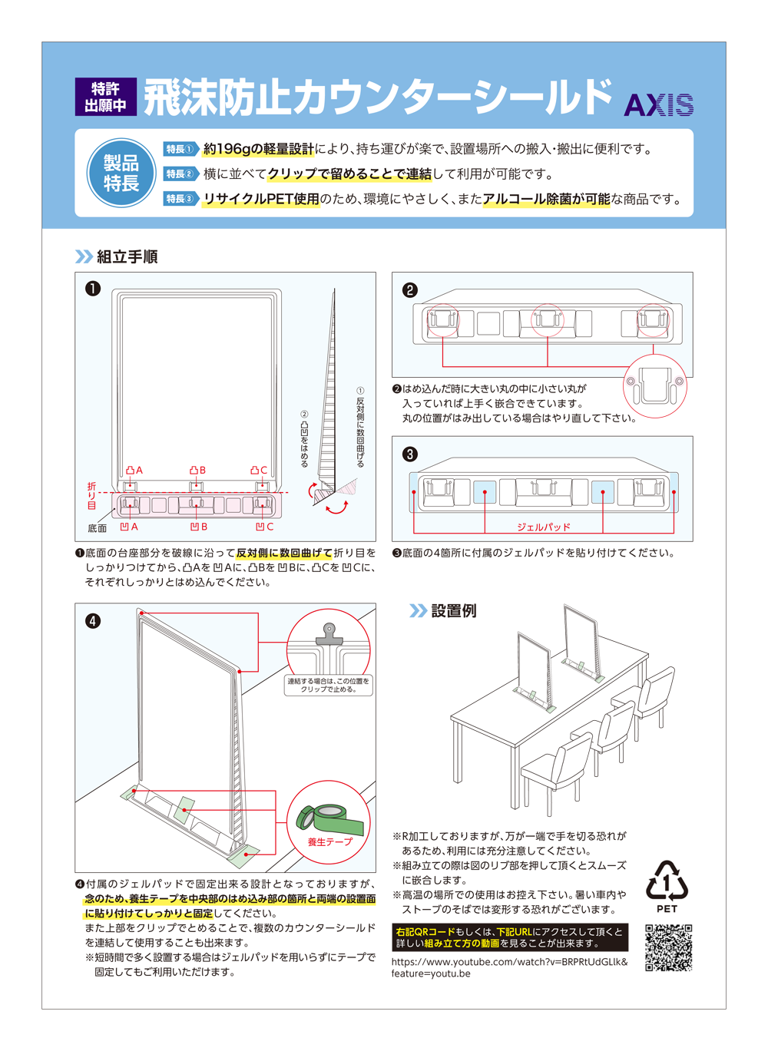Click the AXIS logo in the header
[x=658, y=104]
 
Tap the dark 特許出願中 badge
[x=106, y=97]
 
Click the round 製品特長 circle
[x=121, y=174]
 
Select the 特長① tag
[x=180, y=149]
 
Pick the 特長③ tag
[x=180, y=199]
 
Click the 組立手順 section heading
[x=127, y=256]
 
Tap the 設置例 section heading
[x=453, y=610]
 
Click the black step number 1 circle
[x=93, y=289]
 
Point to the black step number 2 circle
[x=410, y=289]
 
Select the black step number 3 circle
[x=410, y=454]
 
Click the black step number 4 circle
[x=93, y=620]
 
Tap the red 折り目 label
[x=91, y=496]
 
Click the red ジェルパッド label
[x=543, y=527]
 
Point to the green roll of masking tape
[x=329, y=818]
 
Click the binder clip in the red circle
[x=329, y=634]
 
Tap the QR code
[x=668, y=948]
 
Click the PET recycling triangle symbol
[x=667, y=881]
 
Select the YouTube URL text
[x=508, y=967]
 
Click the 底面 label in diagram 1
[x=97, y=528]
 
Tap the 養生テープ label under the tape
[x=329, y=841]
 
